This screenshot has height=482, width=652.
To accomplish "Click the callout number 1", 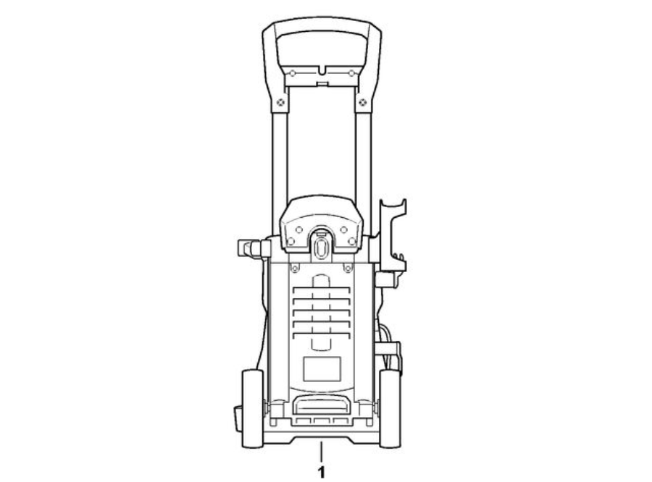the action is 321,473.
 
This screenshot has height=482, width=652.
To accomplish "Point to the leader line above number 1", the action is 321,452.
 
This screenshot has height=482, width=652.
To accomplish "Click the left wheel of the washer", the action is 252,408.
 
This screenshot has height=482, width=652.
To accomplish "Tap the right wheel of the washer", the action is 390,408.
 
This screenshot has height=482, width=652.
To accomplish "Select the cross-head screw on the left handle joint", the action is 280,102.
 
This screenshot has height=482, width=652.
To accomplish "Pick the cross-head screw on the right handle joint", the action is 363,102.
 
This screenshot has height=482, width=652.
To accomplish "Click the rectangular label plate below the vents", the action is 322,368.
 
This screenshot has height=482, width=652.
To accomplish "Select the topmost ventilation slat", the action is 322,289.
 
